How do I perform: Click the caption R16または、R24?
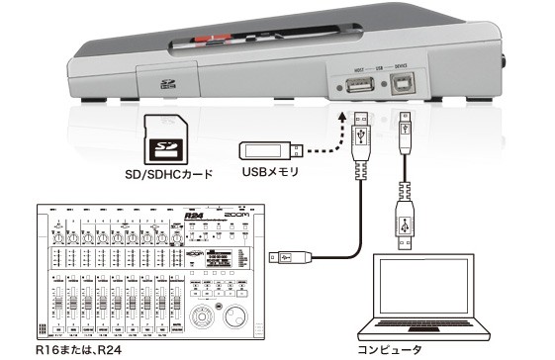click(74, 349)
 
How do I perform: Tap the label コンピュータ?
click(394, 349)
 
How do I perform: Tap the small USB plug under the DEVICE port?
click(404, 128)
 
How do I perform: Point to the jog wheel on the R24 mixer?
click(237, 317)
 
